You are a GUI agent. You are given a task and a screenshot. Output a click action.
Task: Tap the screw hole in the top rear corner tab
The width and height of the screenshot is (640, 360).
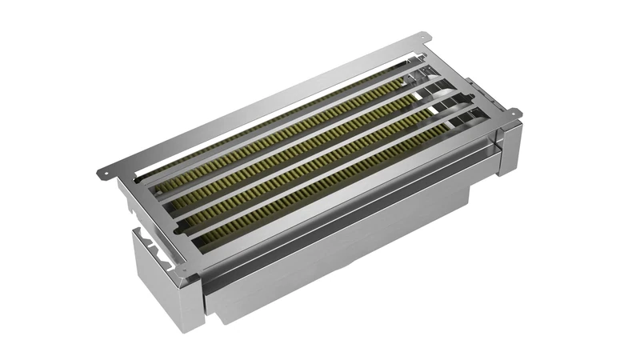(x=422, y=38)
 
